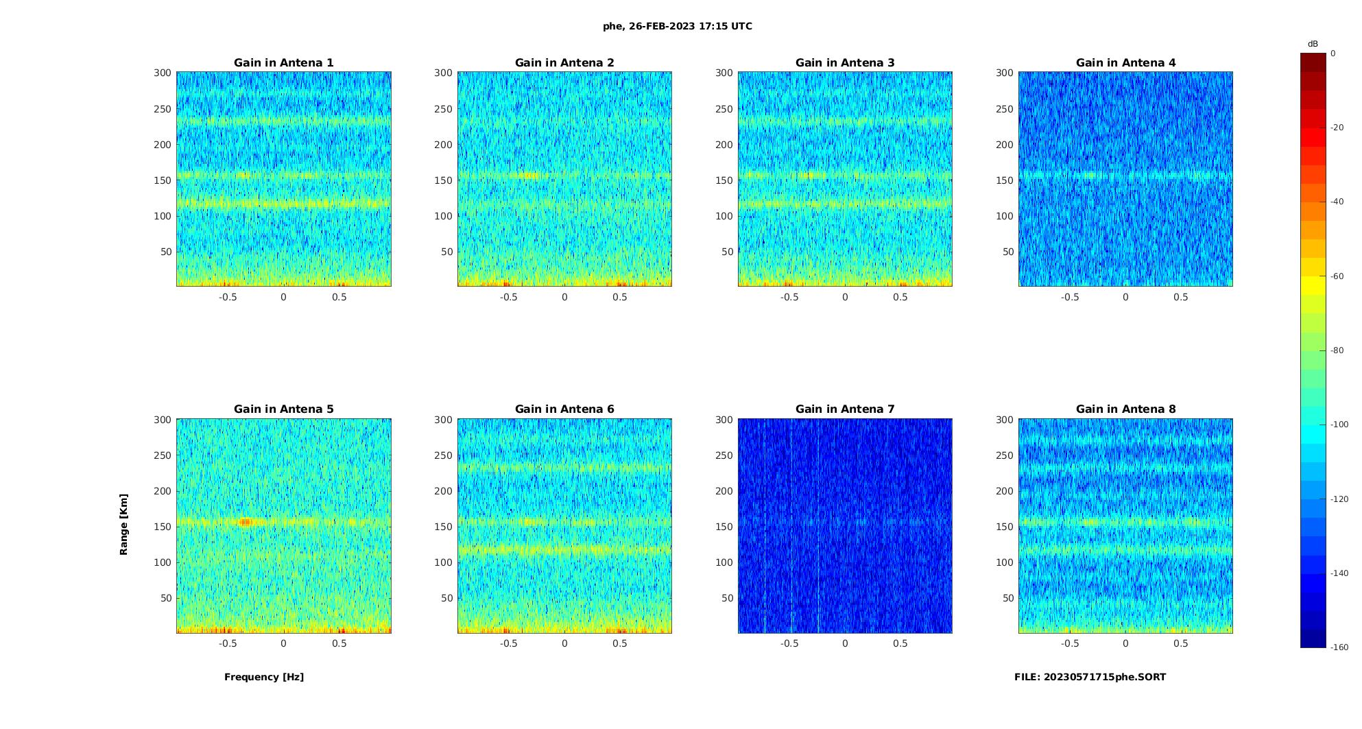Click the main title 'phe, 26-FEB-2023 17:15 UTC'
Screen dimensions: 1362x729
pyautogui.click(x=677, y=26)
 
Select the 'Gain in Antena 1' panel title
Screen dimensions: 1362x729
pyautogui.click(x=284, y=63)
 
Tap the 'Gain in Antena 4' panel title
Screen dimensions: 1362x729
pyautogui.click(x=1125, y=63)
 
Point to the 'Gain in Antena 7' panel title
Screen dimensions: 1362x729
pyautogui.click(x=845, y=409)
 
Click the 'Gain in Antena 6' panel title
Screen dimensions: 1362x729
pyautogui.click(x=564, y=409)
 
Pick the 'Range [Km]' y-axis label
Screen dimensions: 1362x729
pyautogui.click(x=124, y=525)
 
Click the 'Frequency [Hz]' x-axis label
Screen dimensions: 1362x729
pyautogui.click(x=264, y=677)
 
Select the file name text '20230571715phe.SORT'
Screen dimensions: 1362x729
pyautogui.click(x=1105, y=677)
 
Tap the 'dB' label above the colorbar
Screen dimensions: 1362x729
pyautogui.click(x=1313, y=44)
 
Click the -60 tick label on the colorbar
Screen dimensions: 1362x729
pyautogui.click(x=1337, y=276)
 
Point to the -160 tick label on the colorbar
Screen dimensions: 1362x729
pyautogui.click(x=1339, y=647)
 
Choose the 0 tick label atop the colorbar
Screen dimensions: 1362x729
pyautogui.click(x=1333, y=53)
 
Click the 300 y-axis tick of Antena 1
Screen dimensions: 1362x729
pyautogui.click(x=162, y=73)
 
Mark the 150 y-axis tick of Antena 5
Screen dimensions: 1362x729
pyautogui.click(x=162, y=527)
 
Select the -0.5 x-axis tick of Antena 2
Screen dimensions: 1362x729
pyautogui.click(x=508, y=297)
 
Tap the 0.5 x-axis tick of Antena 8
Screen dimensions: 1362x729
pyautogui.click(x=1181, y=643)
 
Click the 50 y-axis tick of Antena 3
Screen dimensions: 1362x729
pyautogui.click(x=728, y=252)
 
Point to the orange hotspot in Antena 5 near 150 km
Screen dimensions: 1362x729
pyautogui.click(x=245, y=522)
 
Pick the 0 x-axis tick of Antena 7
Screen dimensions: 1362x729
pyautogui.click(x=845, y=643)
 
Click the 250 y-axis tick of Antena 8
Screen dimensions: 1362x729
pyautogui.click(x=1004, y=455)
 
